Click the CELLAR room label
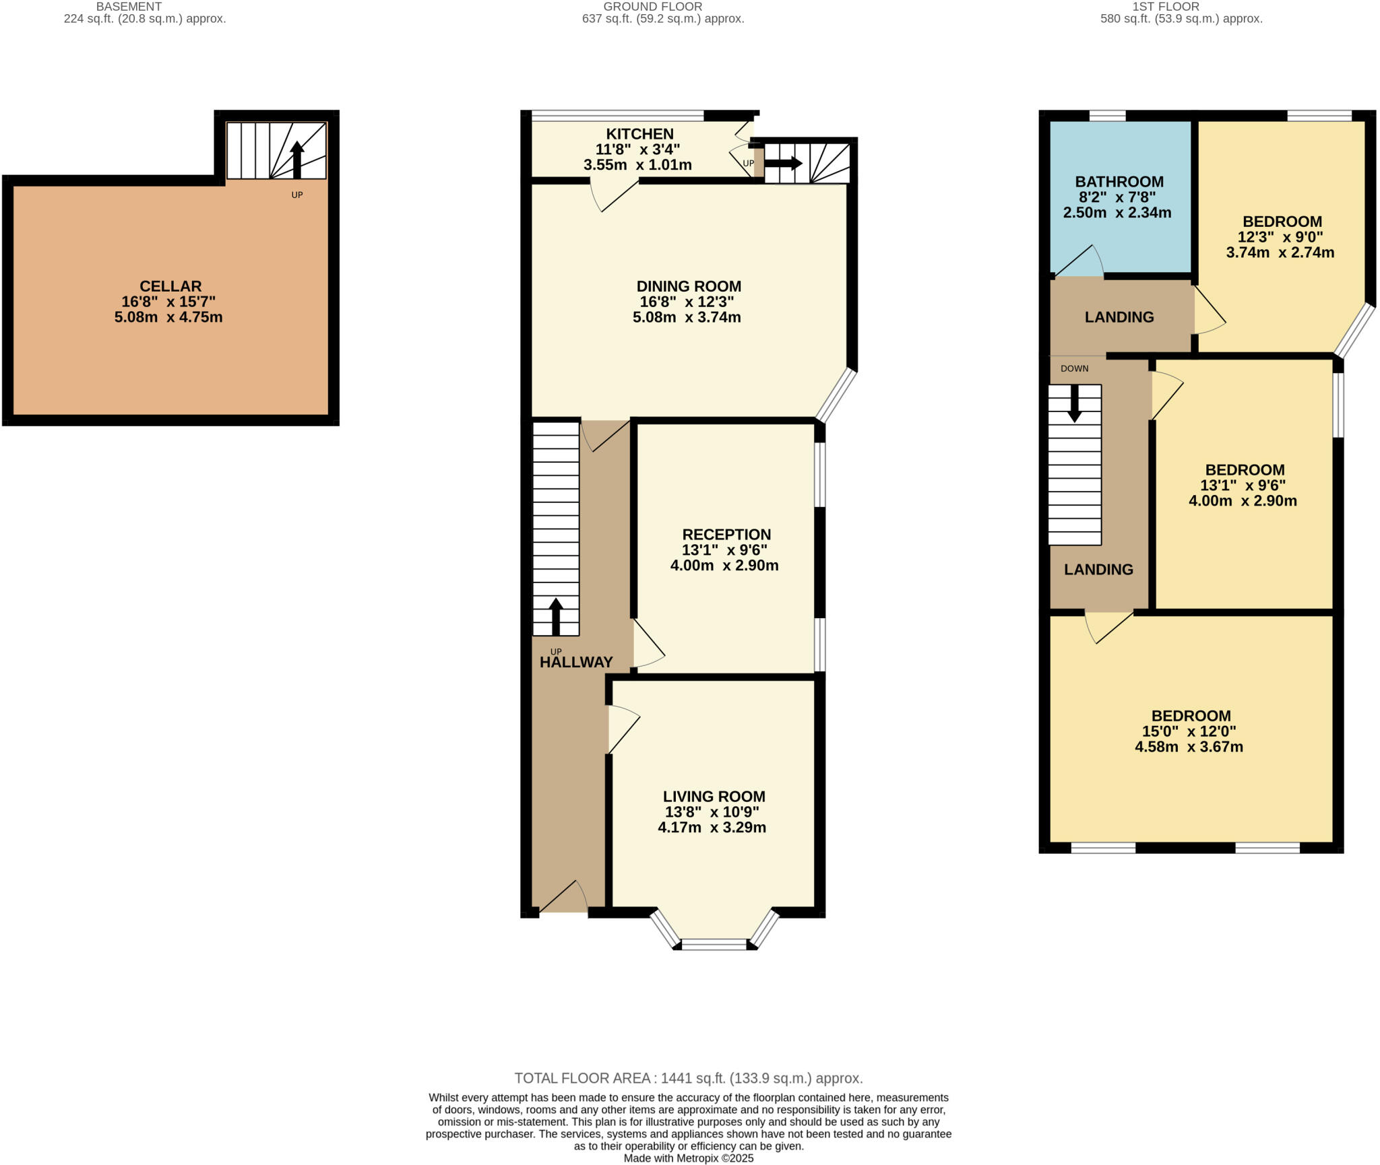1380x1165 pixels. click(x=170, y=286)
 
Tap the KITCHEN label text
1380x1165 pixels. click(x=639, y=134)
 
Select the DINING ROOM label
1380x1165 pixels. click(x=689, y=286)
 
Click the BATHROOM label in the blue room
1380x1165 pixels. click(x=1119, y=182)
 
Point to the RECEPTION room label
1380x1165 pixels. click(x=726, y=535)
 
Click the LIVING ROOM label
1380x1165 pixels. click(x=714, y=797)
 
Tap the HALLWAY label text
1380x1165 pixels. click(x=576, y=662)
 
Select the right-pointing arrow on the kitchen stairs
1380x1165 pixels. click(x=782, y=163)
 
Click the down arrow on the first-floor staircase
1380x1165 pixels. click(x=1074, y=403)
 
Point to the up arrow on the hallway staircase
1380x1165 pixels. click(x=556, y=615)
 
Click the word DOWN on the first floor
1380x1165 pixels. click(x=1074, y=368)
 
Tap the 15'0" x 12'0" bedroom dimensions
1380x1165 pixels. click(x=1189, y=731)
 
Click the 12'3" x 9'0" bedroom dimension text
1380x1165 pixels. click(x=1280, y=237)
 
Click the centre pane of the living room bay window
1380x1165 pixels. click(x=714, y=944)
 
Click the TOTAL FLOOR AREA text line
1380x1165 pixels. click(x=688, y=1078)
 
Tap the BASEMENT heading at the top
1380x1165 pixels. click(x=129, y=7)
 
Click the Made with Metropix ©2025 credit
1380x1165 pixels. click(x=688, y=1158)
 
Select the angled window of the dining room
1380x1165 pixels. click(x=836, y=395)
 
